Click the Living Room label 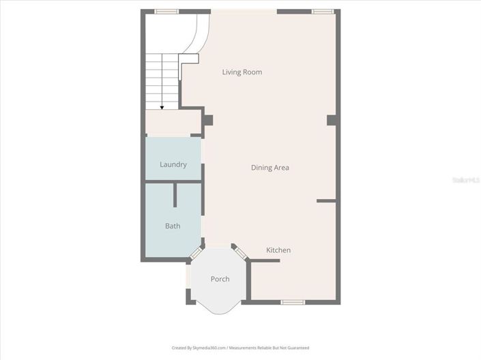242,72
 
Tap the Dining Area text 270,168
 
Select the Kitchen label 278,250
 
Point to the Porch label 220,279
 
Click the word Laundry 173,164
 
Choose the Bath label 173,226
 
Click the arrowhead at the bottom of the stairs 162,106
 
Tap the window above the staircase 166,12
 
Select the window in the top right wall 322,12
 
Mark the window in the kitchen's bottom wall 293,301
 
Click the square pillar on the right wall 332,121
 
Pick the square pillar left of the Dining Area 207,121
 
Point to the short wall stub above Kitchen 326,200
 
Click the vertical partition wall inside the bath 175,194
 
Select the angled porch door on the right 239,251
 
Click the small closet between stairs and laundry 173,122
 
